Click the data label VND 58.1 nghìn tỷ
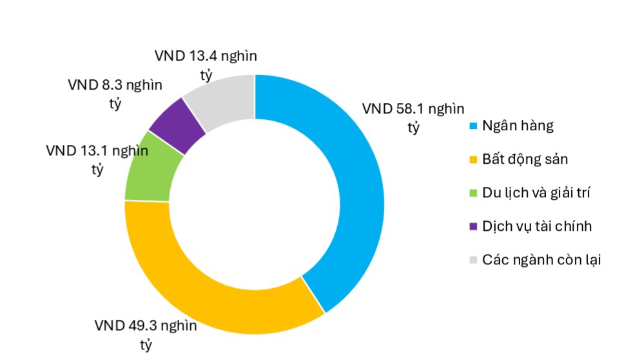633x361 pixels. point(413,117)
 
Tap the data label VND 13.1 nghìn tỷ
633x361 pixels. point(97,159)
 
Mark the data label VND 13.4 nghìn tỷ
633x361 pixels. point(206,64)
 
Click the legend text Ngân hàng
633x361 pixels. point(518,126)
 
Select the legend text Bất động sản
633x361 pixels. point(525,159)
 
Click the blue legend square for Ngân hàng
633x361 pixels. point(473,126)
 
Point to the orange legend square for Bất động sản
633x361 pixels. point(473,160)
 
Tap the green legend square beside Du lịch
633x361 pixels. point(473,193)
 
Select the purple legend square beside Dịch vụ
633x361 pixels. point(473,227)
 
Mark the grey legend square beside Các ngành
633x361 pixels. point(473,260)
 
